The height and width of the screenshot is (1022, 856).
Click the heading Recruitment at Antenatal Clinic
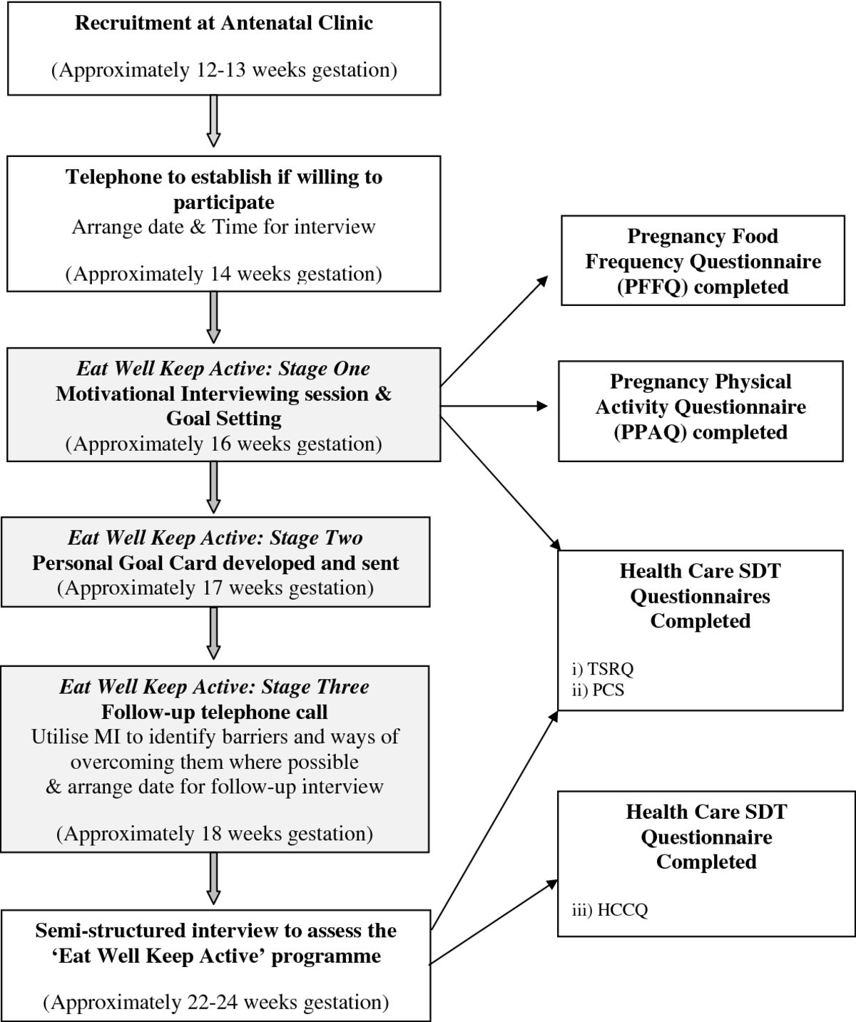click(x=224, y=23)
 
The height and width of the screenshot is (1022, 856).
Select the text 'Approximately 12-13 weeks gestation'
click(x=224, y=70)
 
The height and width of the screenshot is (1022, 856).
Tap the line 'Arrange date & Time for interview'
click(x=224, y=228)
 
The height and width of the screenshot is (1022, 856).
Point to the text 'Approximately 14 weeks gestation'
click(x=224, y=274)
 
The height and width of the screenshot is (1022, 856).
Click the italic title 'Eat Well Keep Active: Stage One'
click(x=224, y=369)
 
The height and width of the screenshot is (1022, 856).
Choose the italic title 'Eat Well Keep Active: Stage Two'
click(x=215, y=538)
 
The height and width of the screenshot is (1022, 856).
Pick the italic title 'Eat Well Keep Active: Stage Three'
click(x=215, y=687)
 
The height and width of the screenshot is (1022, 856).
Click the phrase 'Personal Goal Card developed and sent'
click(x=215, y=563)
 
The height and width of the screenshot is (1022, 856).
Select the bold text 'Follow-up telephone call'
click(x=215, y=712)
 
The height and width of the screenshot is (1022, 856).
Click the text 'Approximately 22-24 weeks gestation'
click(x=216, y=1002)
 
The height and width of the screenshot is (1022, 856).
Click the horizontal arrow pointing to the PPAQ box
click(x=495, y=407)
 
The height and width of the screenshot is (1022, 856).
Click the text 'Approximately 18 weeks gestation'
click(x=215, y=833)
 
